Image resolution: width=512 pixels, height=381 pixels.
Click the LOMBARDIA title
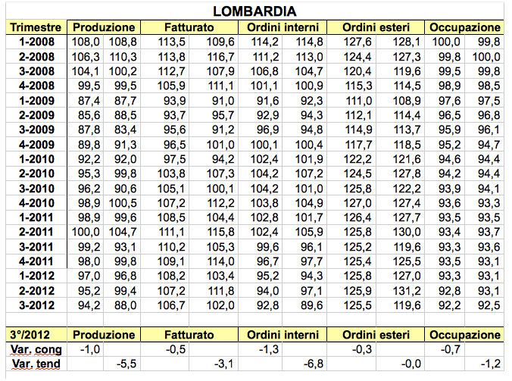click(x=255, y=11)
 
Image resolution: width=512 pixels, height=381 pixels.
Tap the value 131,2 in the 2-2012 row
click(x=407, y=290)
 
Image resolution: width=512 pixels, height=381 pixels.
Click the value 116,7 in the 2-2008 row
click(x=222, y=56)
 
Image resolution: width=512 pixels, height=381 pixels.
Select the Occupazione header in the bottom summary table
click(x=465, y=334)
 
